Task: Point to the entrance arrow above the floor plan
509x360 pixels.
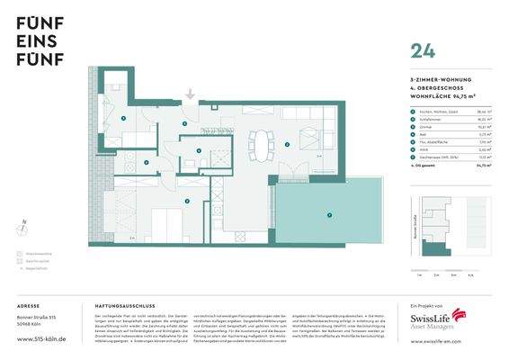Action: (x=190, y=94)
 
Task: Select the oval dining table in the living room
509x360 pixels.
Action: (x=262, y=140)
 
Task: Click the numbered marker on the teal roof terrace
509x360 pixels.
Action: (x=329, y=215)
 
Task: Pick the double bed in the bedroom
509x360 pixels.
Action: (x=163, y=222)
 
